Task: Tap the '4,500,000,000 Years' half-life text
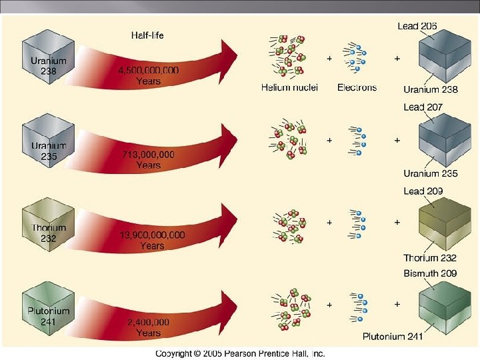(148, 75)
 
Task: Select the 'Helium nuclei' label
(289, 87)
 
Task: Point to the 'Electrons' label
(357, 87)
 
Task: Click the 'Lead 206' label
(417, 26)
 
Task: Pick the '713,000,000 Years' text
(148, 160)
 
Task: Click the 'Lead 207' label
(423, 107)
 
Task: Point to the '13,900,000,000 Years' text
(152, 241)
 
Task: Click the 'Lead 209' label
(423, 191)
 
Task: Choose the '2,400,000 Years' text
(148, 327)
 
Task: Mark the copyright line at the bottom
(240, 353)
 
